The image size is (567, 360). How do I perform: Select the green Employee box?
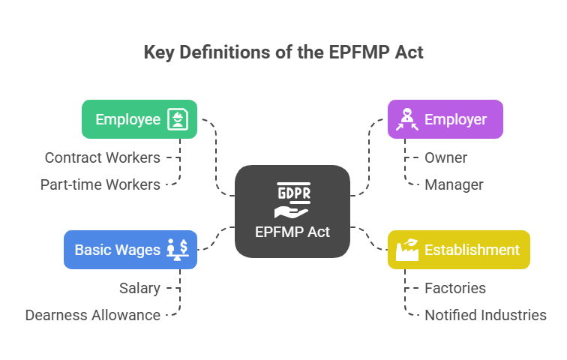click(139, 119)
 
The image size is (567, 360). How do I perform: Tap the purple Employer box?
click(445, 119)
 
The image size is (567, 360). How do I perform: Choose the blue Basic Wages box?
click(130, 250)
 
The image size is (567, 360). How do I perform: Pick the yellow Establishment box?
click(458, 250)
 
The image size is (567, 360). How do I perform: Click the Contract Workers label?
click(103, 158)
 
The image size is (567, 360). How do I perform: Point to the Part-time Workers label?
click(100, 184)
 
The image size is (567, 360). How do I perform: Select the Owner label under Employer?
click(445, 158)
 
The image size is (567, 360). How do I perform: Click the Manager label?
click(454, 184)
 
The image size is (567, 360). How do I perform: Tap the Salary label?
click(140, 288)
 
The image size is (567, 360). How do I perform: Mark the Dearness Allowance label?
click(93, 315)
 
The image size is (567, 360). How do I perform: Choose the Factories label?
click(455, 288)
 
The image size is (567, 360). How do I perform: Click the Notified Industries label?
click(485, 315)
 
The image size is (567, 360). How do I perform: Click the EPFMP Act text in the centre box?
click(292, 232)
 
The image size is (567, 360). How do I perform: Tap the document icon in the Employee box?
click(178, 119)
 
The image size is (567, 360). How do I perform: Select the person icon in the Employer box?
click(406, 119)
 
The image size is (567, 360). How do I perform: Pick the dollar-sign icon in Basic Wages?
click(178, 250)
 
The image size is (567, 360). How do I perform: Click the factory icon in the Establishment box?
click(407, 250)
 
